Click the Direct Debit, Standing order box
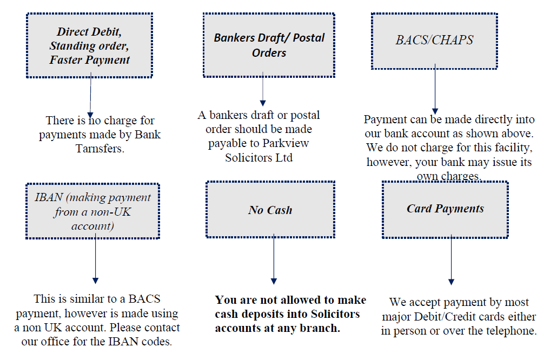point(90,45)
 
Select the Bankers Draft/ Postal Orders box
point(269,45)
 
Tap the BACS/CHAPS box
point(434,41)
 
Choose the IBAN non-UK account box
point(92,211)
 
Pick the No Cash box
point(270,210)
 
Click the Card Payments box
point(445,210)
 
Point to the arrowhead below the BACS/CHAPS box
point(435,111)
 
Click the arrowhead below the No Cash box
point(274,281)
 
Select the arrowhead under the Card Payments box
point(451,282)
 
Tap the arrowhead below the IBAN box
point(95,281)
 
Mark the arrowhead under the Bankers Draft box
point(263,103)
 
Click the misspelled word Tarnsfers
point(100,149)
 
